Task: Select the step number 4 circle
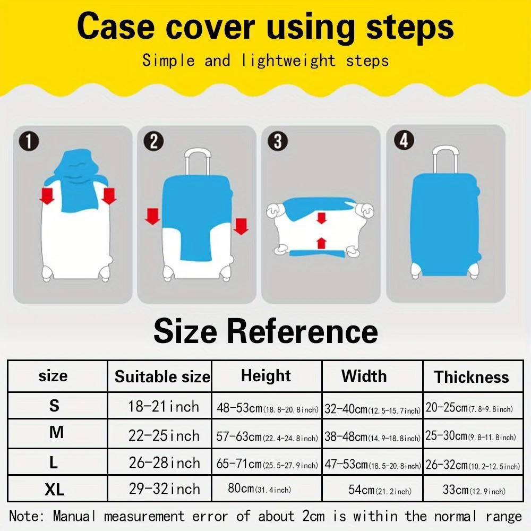point(404,141)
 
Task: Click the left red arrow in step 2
point(152,216)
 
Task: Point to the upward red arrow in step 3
point(321,243)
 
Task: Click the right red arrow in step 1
point(109,196)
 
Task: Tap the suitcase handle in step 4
point(446,159)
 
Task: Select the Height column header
point(266,376)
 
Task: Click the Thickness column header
point(472,377)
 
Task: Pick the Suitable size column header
point(162,377)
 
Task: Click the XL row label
point(54,489)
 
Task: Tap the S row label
point(54,406)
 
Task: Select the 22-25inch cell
point(164,435)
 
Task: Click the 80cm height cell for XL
point(259,489)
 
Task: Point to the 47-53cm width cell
point(373,465)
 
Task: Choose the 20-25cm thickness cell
point(469,408)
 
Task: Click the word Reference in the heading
point(302,331)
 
